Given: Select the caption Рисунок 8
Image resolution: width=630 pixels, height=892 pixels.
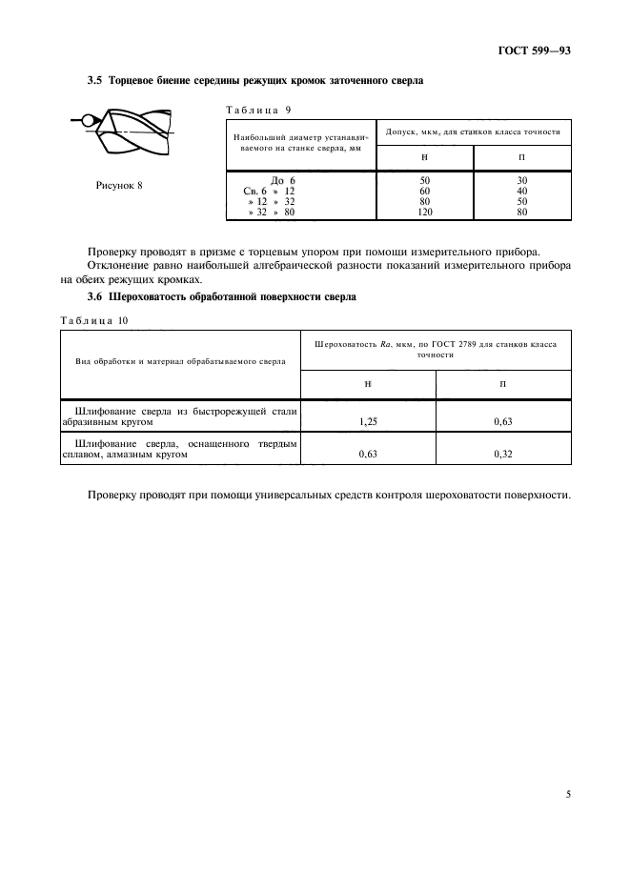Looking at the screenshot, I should tap(119, 185).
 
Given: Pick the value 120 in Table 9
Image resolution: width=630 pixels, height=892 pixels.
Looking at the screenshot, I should tap(425, 213).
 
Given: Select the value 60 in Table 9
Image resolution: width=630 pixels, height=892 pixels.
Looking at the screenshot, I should tap(425, 191).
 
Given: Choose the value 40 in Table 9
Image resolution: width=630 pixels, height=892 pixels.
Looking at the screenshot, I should tap(522, 191).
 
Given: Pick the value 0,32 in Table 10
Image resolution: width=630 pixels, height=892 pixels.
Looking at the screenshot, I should tap(503, 455).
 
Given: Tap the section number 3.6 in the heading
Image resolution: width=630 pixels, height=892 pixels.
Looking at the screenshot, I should tap(95, 297).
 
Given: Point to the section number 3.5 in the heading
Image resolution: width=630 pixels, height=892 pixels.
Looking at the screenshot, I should tap(95, 80).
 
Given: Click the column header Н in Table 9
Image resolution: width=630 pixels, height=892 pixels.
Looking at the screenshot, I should tap(424, 157).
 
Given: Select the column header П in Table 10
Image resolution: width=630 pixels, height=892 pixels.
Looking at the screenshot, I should tap(503, 382).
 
